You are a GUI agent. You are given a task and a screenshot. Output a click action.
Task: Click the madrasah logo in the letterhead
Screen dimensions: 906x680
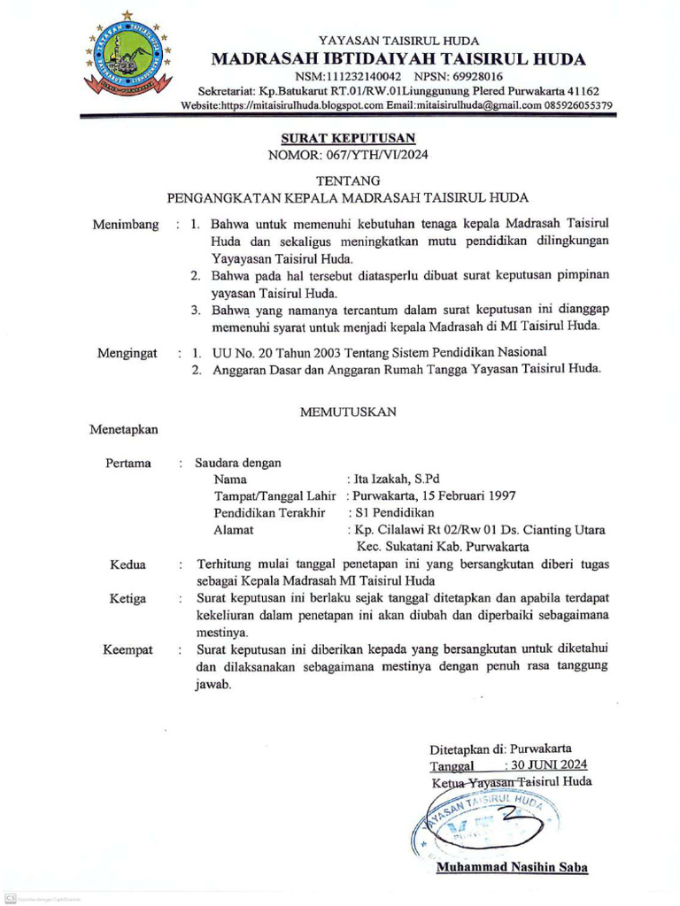tap(129, 54)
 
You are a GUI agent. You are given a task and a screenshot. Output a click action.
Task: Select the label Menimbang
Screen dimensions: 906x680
tap(126, 225)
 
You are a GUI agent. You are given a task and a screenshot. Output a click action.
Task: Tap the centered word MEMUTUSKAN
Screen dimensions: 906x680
tap(348, 411)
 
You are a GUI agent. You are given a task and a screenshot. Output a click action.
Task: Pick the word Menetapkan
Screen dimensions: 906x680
tap(124, 430)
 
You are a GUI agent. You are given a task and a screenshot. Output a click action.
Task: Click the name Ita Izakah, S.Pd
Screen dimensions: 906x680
tap(390, 479)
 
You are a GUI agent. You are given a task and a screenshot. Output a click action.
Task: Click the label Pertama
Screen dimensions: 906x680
tap(128, 463)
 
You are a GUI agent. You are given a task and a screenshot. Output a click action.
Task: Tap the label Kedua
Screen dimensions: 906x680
tap(127, 564)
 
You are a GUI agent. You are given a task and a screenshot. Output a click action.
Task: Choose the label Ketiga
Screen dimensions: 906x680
tap(127, 599)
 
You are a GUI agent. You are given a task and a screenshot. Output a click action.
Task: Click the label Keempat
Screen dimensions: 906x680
tap(127, 649)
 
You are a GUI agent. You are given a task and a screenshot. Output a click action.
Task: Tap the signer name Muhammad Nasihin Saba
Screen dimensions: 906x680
tap(512, 866)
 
